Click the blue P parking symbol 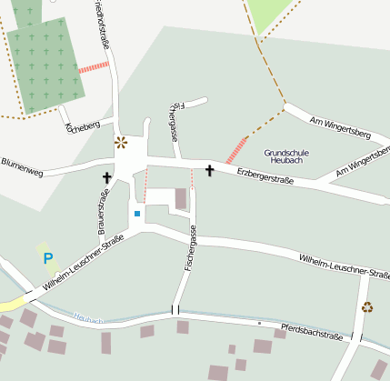tap(47, 259)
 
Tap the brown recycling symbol tap(367, 306)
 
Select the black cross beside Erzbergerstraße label tap(210, 170)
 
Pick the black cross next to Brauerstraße tap(107, 176)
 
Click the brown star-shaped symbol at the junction tap(121, 142)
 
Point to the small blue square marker tap(137, 214)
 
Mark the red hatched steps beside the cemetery tap(93, 66)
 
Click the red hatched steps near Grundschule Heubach tap(236, 150)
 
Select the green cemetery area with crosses tap(45, 68)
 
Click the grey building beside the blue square tap(181, 199)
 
